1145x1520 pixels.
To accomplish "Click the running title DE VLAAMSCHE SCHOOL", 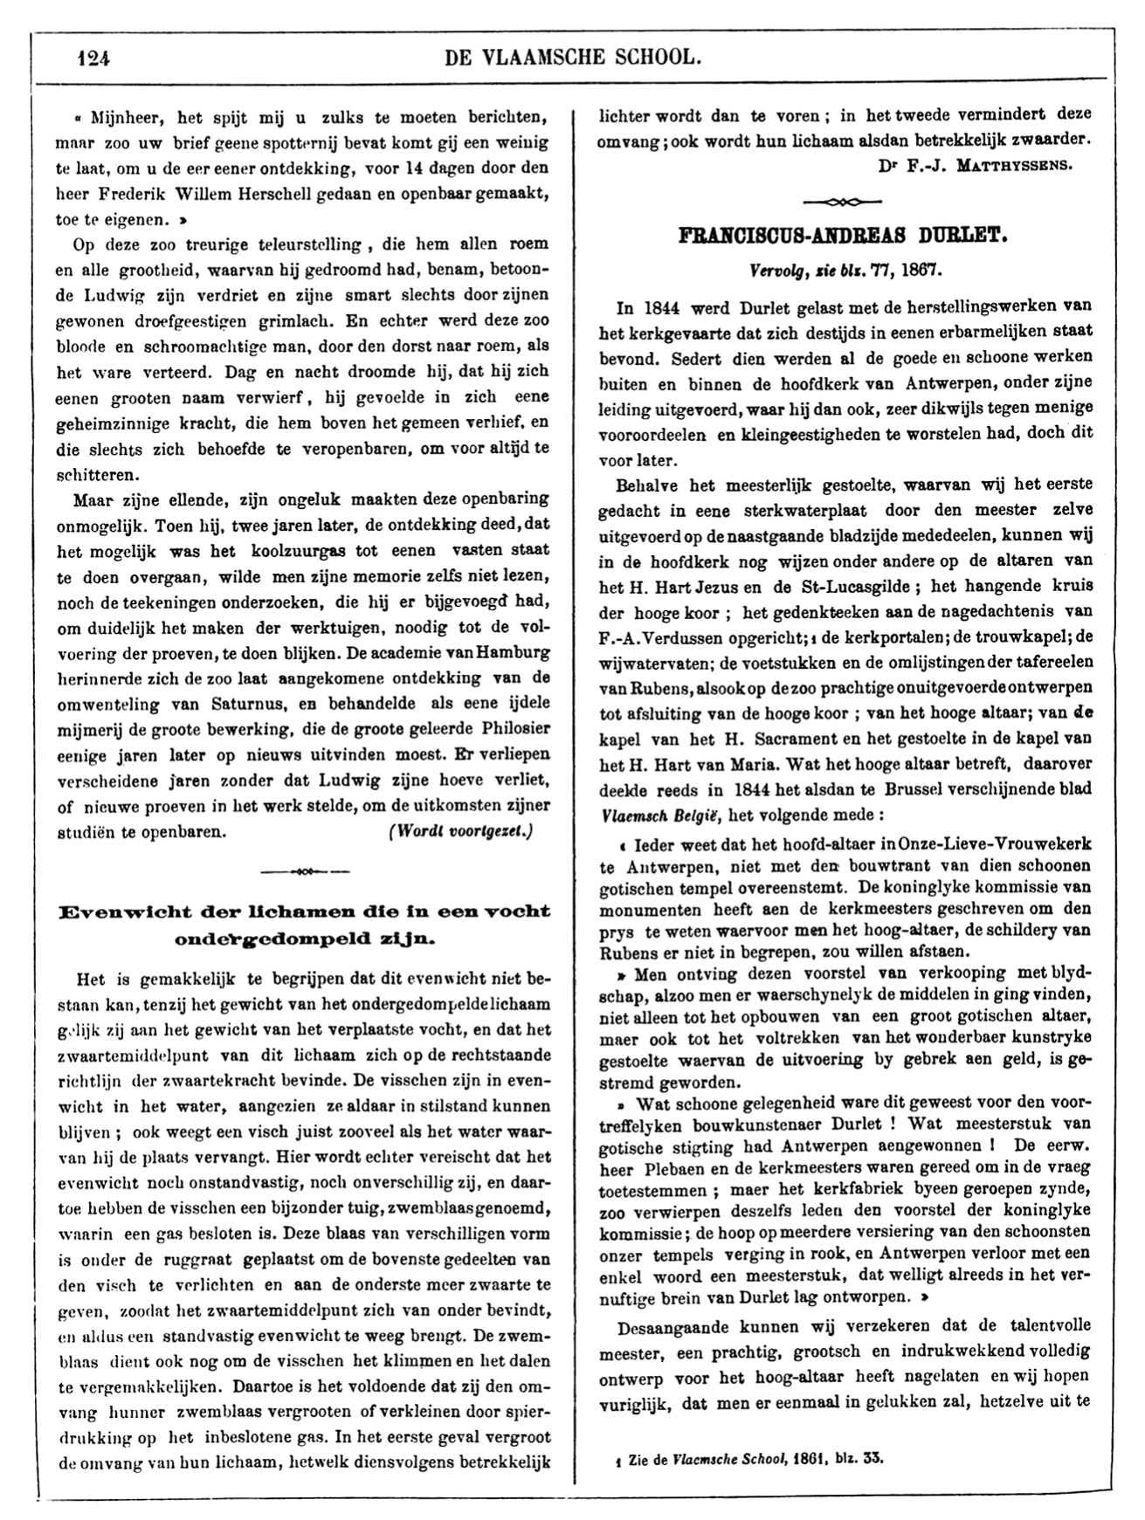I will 572,58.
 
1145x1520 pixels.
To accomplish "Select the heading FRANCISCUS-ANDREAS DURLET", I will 843,237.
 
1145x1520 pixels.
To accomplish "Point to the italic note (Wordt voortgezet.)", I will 459,831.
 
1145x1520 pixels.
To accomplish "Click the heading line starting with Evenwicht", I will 303,911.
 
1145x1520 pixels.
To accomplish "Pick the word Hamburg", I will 515,652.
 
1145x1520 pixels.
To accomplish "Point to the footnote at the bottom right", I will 748,1457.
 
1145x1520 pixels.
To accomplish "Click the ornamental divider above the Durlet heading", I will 842,202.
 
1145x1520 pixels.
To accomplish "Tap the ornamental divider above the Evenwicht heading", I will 305,871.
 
